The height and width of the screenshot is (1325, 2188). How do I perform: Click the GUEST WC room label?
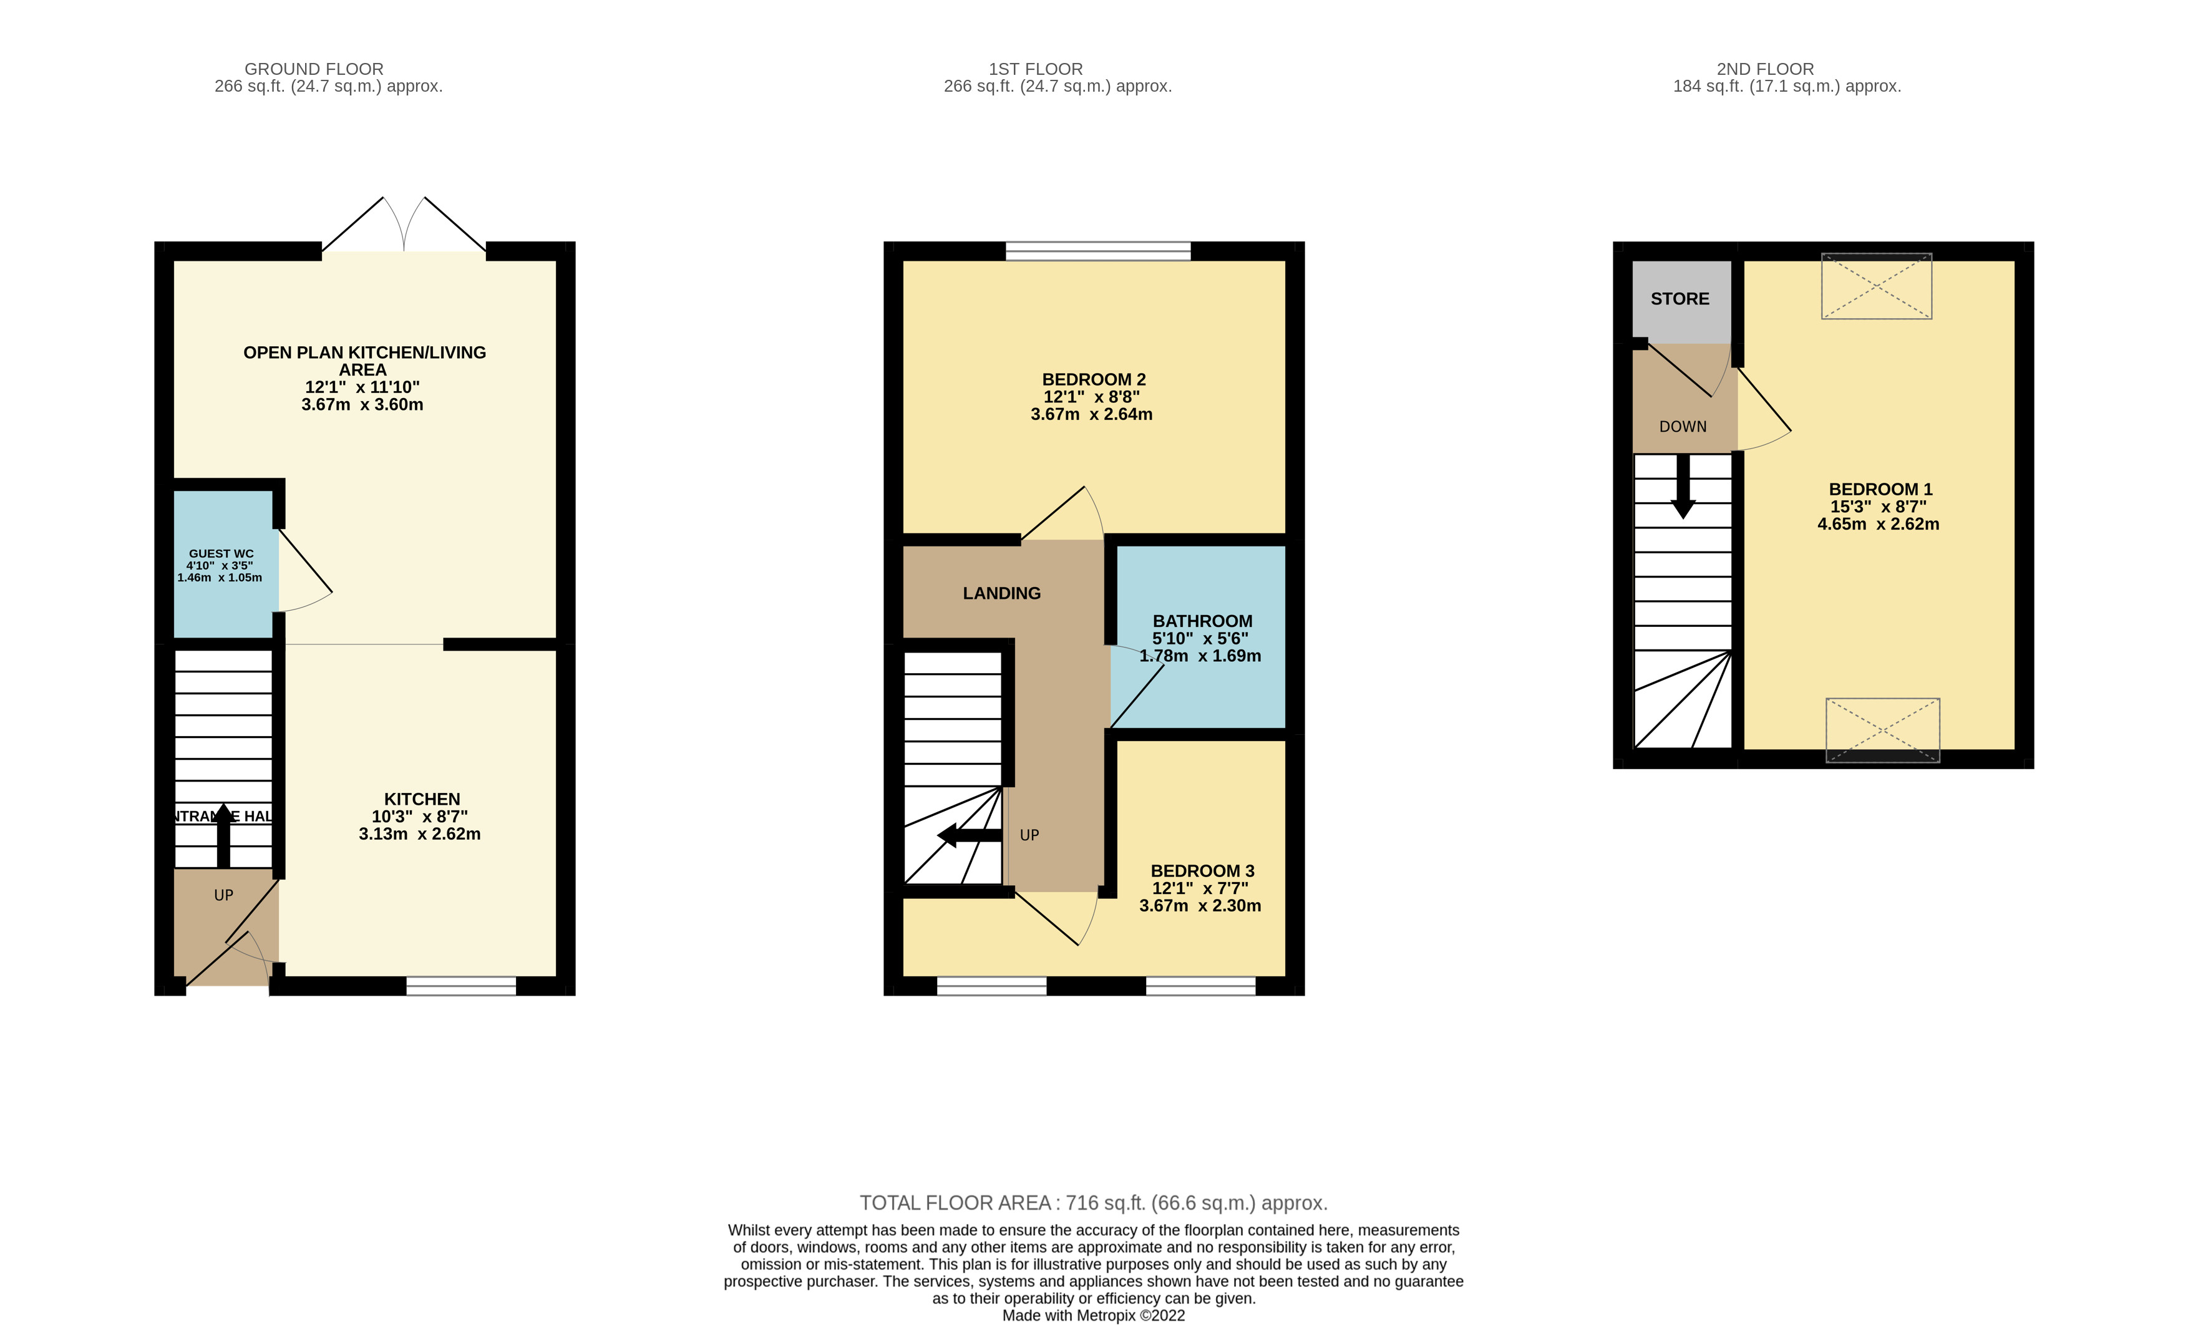[221, 553]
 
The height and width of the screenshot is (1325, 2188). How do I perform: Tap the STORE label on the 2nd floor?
[1679, 299]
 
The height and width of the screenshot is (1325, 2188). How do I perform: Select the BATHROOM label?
[1202, 621]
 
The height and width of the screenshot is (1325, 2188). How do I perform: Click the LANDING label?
[1001, 593]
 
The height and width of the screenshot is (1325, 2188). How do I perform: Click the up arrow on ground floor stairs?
[224, 835]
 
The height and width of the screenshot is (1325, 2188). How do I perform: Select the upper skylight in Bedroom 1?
[1876, 286]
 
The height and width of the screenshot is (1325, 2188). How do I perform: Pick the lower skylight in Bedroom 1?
[1882, 730]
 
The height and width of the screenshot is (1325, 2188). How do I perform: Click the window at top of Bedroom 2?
[1097, 251]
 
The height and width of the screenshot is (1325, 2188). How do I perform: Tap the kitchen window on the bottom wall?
[461, 986]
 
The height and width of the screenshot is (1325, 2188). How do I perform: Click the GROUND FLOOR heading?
[313, 69]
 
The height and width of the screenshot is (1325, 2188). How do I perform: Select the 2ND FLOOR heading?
[1764, 69]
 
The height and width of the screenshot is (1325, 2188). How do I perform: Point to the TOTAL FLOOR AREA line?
[1093, 1203]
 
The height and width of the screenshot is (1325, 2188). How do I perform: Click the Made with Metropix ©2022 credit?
[1093, 1315]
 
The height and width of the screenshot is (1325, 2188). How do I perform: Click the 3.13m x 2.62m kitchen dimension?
[419, 834]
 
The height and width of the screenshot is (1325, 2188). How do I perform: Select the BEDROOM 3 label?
[1202, 871]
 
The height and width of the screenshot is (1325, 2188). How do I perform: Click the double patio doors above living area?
[404, 226]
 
